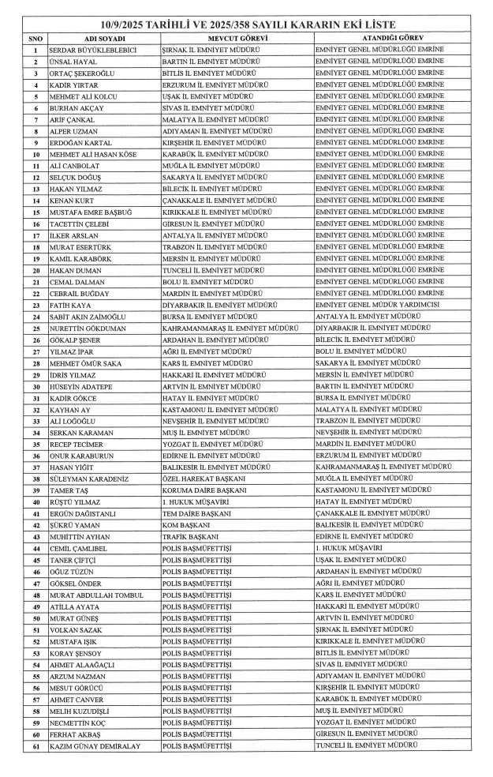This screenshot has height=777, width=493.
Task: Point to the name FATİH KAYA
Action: pos(72,304)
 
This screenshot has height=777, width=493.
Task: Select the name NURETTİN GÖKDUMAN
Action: pos(87,327)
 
